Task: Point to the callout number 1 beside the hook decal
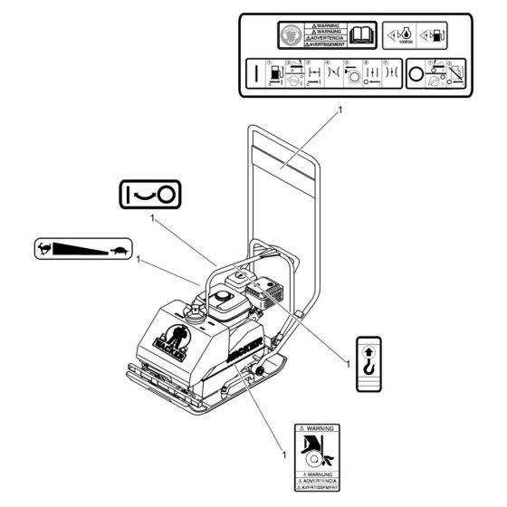point(348,365)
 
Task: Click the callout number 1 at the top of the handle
point(340,109)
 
